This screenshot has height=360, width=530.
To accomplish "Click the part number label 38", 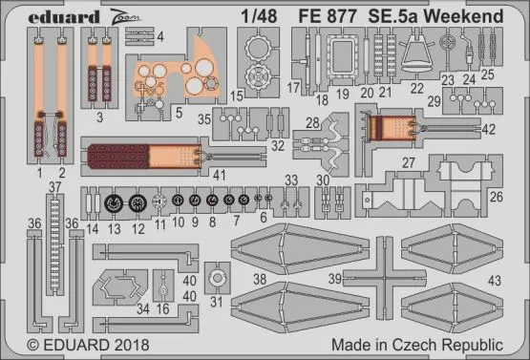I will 260,280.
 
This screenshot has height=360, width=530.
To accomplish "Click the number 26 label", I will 496,198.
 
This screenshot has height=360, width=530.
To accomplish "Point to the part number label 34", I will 141,308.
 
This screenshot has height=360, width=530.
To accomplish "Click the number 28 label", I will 312,122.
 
